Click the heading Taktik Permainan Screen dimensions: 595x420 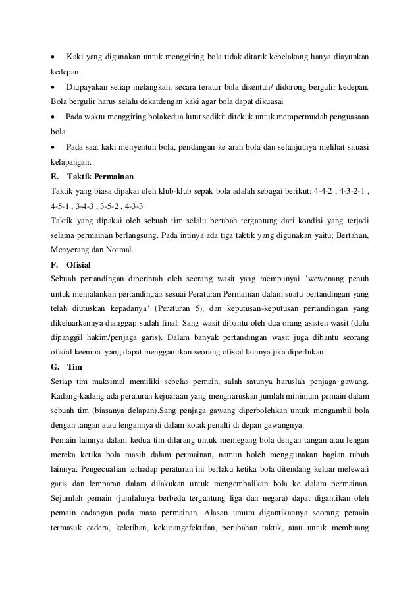[x=100, y=177]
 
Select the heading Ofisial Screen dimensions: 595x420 [x=79, y=265]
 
